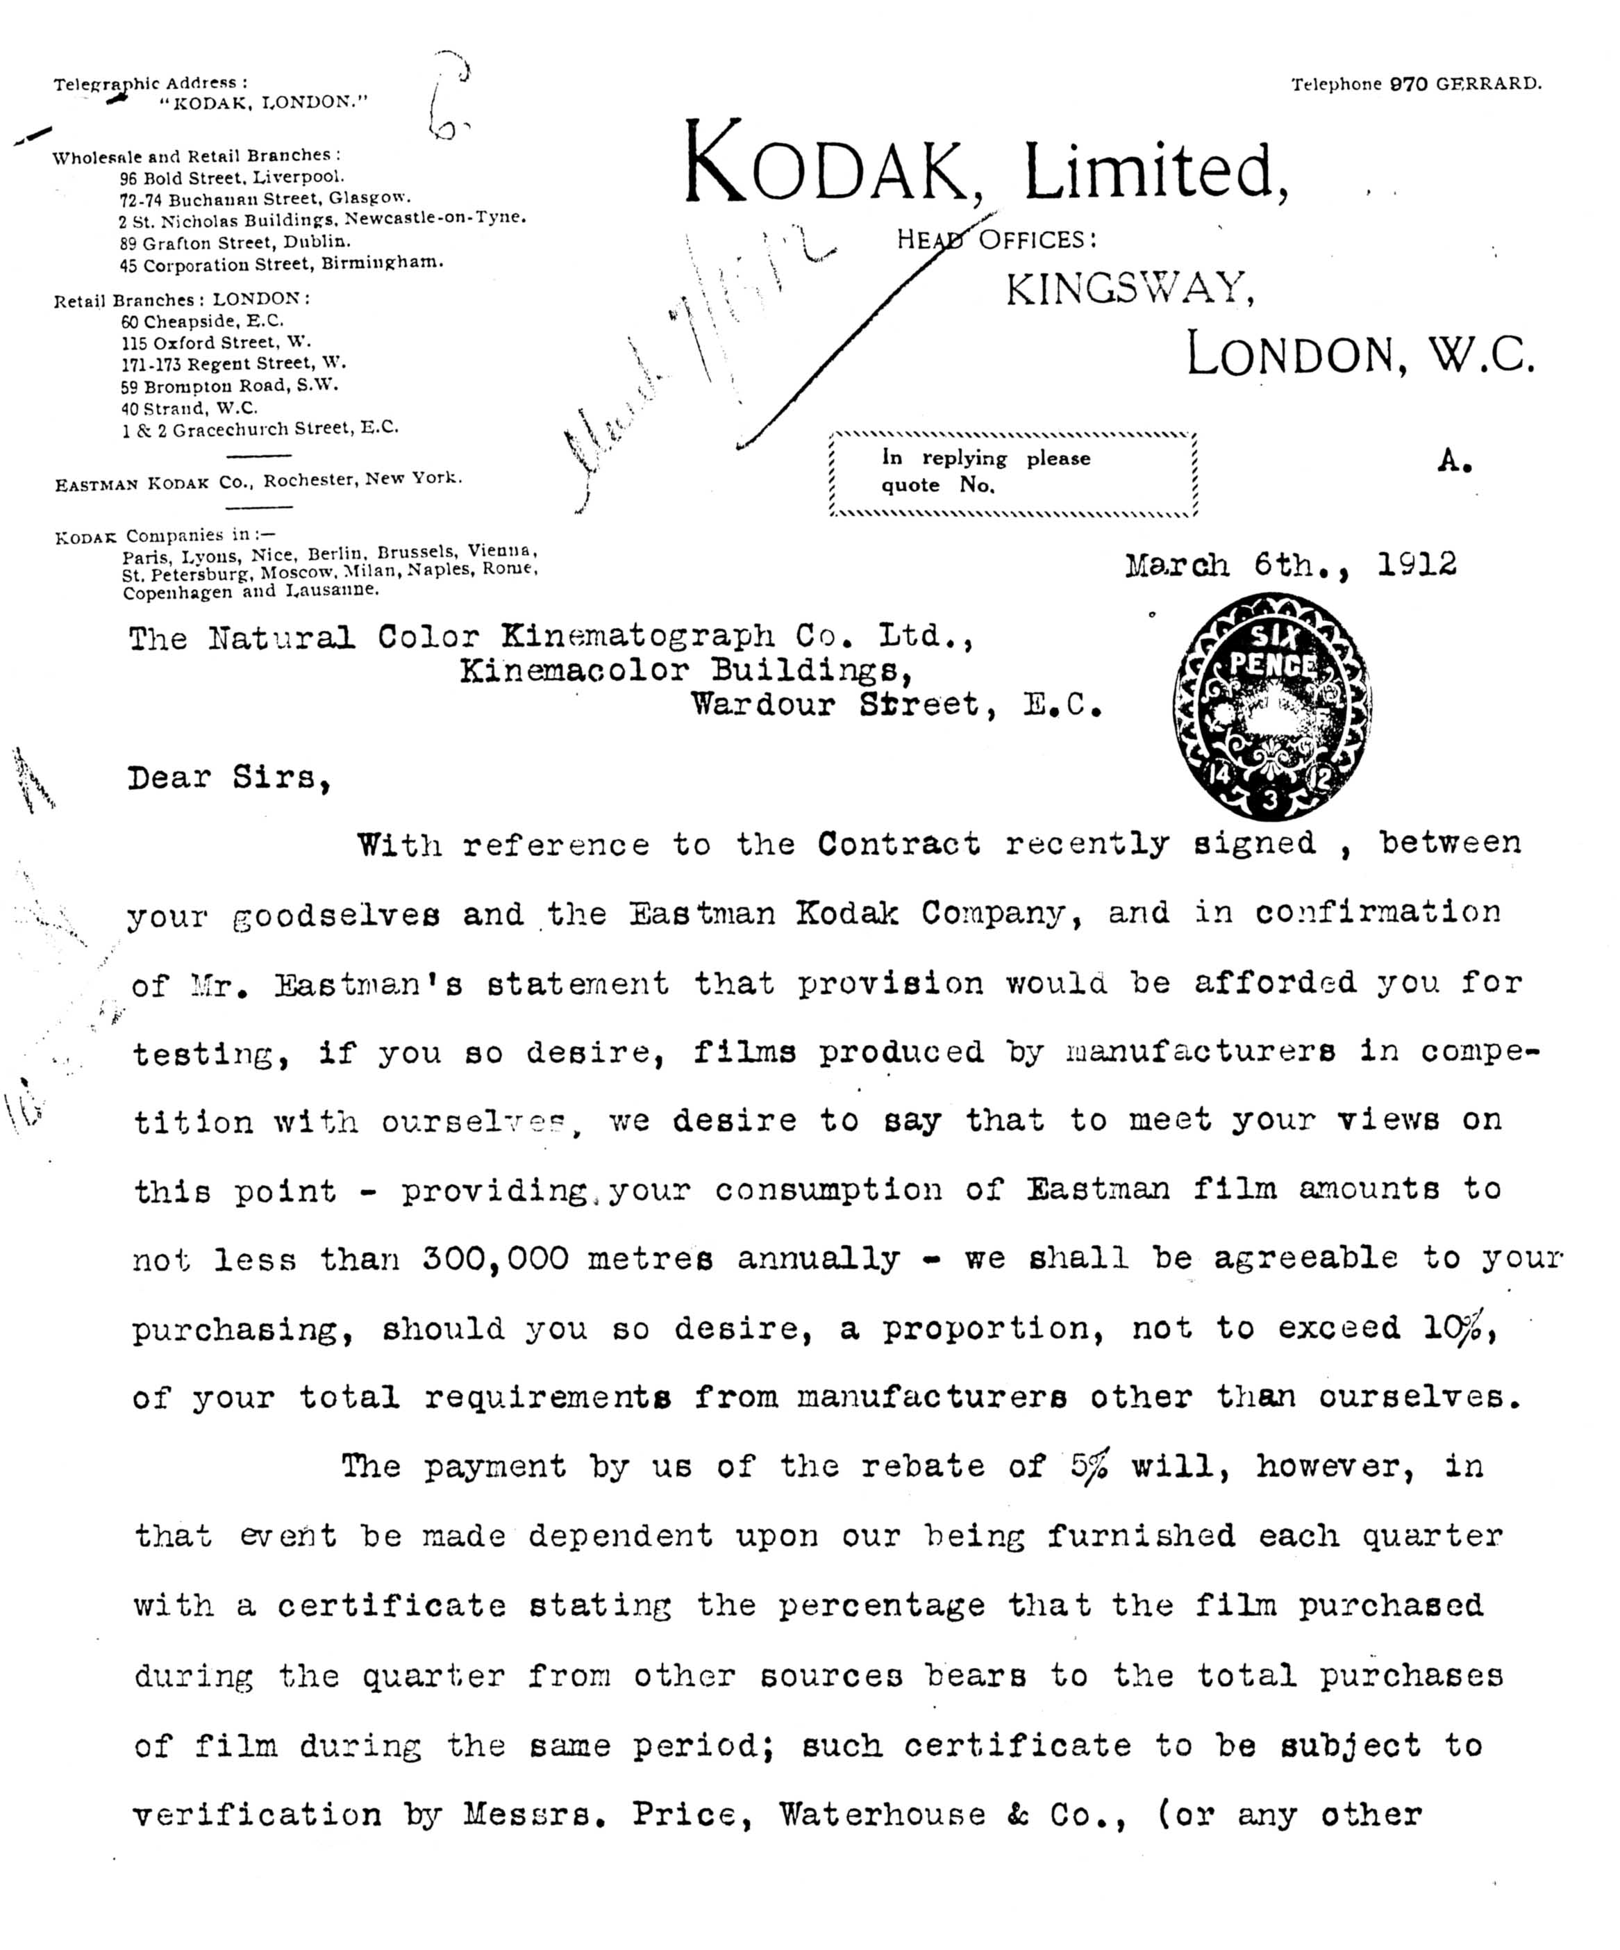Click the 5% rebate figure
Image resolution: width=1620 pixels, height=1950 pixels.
pos(1088,1466)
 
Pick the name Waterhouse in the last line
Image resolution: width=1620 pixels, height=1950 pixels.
pos(882,1815)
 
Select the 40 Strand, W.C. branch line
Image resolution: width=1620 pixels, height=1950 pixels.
pos(190,408)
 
